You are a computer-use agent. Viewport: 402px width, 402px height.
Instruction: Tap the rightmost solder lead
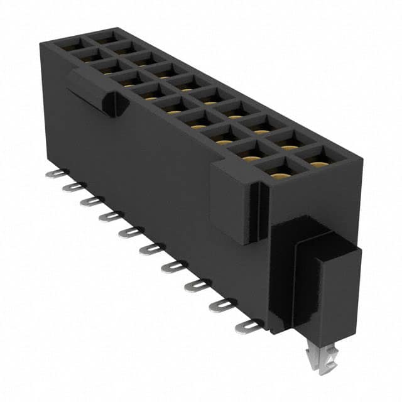click(x=247, y=326)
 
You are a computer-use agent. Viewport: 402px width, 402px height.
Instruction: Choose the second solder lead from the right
click(x=220, y=305)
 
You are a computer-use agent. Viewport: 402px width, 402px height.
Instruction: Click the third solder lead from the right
click(x=197, y=286)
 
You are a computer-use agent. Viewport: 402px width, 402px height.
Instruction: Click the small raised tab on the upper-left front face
click(x=94, y=93)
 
